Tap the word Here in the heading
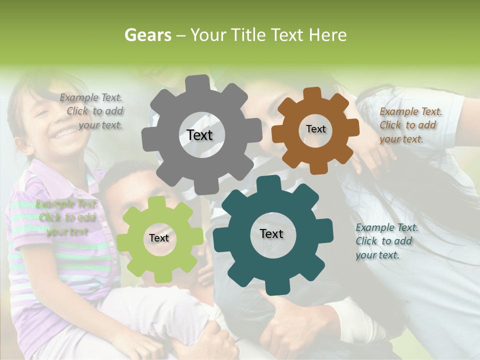click(x=327, y=35)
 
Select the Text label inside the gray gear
click(x=199, y=135)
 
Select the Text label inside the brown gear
click(x=315, y=129)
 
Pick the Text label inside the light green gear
click(x=159, y=238)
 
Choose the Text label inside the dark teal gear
click(x=271, y=233)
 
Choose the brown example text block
click(x=410, y=125)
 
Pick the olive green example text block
click(x=66, y=217)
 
